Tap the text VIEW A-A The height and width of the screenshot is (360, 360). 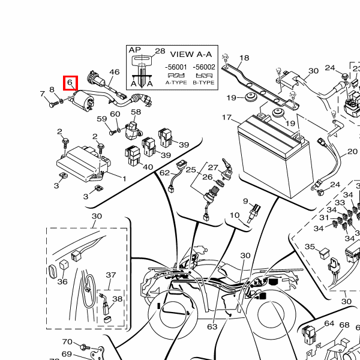tap(190, 54)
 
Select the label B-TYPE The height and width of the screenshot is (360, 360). tap(205, 82)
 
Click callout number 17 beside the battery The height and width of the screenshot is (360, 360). tap(227, 118)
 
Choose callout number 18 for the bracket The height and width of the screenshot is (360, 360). tap(244, 58)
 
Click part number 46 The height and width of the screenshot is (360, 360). tap(115, 73)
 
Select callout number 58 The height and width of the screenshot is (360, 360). tap(136, 112)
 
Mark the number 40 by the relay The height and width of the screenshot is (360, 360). tap(148, 167)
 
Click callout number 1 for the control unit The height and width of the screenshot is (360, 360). tap(124, 179)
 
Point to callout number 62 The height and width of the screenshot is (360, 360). tap(164, 173)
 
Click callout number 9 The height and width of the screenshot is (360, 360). tap(245, 201)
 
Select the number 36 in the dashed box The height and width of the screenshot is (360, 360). tap(62, 282)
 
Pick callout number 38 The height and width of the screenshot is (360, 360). tap(118, 299)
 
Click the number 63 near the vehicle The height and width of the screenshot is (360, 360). tap(212, 327)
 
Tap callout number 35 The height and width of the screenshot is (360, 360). tap(310, 247)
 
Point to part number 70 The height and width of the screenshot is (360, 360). tap(67, 342)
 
